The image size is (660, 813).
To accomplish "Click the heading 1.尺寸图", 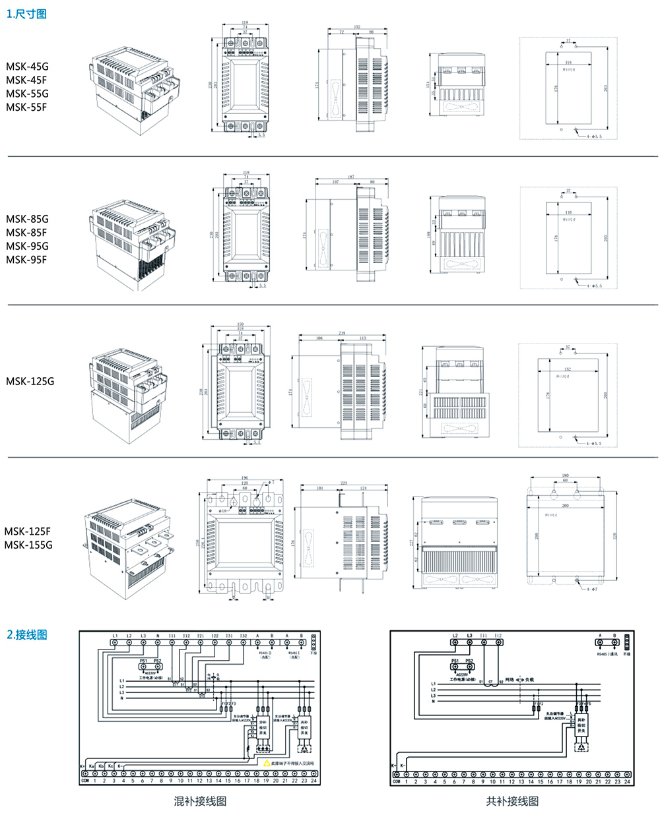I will click(26, 14).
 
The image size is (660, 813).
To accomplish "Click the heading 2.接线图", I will click(27, 635).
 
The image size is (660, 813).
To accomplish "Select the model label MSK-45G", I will click(27, 67).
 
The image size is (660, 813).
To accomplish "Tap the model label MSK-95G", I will click(27, 246).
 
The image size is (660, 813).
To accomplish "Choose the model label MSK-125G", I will click(30, 381).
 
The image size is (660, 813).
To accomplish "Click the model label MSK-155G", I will click(28, 545).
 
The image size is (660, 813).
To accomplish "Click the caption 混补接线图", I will click(200, 801).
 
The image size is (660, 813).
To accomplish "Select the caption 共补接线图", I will click(512, 801).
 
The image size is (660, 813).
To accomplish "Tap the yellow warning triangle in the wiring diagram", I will click(267, 763).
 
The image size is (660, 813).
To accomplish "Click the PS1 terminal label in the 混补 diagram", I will click(143, 659).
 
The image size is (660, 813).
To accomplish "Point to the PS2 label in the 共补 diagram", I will click(469, 660).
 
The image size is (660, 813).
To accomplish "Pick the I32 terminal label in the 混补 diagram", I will click(243, 636).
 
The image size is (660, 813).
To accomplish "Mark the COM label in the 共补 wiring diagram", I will click(396, 781).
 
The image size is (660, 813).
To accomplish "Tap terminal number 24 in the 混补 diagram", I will click(313, 781).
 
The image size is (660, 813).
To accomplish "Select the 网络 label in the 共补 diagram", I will click(509, 679).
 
